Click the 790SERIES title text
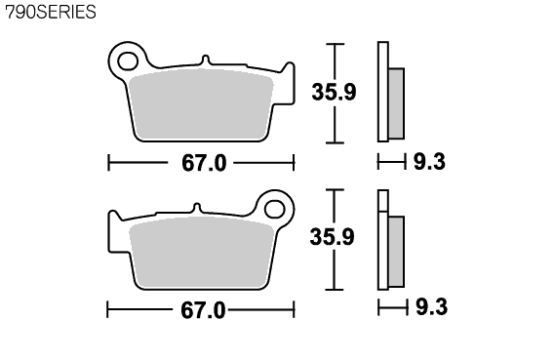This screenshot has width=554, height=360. (x=51, y=12)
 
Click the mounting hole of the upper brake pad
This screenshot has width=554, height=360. (x=128, y=61)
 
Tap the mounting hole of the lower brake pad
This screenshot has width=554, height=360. (x=275, y=209)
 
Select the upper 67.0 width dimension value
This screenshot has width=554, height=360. (x=204, y=163)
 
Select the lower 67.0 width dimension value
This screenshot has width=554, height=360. (x=203, y=310)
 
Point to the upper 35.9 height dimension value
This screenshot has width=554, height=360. (x=334, y=92)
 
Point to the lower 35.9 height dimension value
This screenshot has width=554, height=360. (x=333, y=237)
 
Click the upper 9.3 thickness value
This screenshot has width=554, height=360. (x=429, y=162)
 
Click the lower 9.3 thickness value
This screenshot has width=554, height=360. (x=431, y=306)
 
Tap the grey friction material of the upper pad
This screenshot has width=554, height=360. (x=201, y=104)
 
